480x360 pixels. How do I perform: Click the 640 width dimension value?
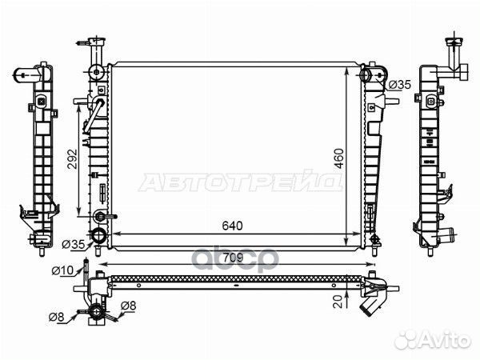click(232, 226)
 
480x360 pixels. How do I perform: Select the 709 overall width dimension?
click(234, 258)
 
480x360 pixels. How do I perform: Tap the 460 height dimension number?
click(339, 158)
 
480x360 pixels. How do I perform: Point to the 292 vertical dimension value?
click(73, 159)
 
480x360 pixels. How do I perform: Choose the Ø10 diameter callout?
click(62, 270)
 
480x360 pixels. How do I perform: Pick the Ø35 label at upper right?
click(400, 85)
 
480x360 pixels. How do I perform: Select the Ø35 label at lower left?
click(73, 244)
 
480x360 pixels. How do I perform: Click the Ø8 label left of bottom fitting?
click(56, 317)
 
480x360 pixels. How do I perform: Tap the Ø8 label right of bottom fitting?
click(128, 306)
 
